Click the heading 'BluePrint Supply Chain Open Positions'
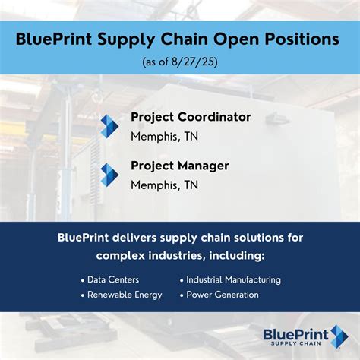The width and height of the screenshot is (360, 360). click(x=180, y=39)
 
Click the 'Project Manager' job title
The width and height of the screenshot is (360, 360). click(x=180, y=166)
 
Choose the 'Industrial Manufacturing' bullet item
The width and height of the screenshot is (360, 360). click(x=233, y=279)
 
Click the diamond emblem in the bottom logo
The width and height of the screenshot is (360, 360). click(x=339, y=336)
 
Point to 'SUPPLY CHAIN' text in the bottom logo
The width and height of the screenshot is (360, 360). click(x=295, y=343)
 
